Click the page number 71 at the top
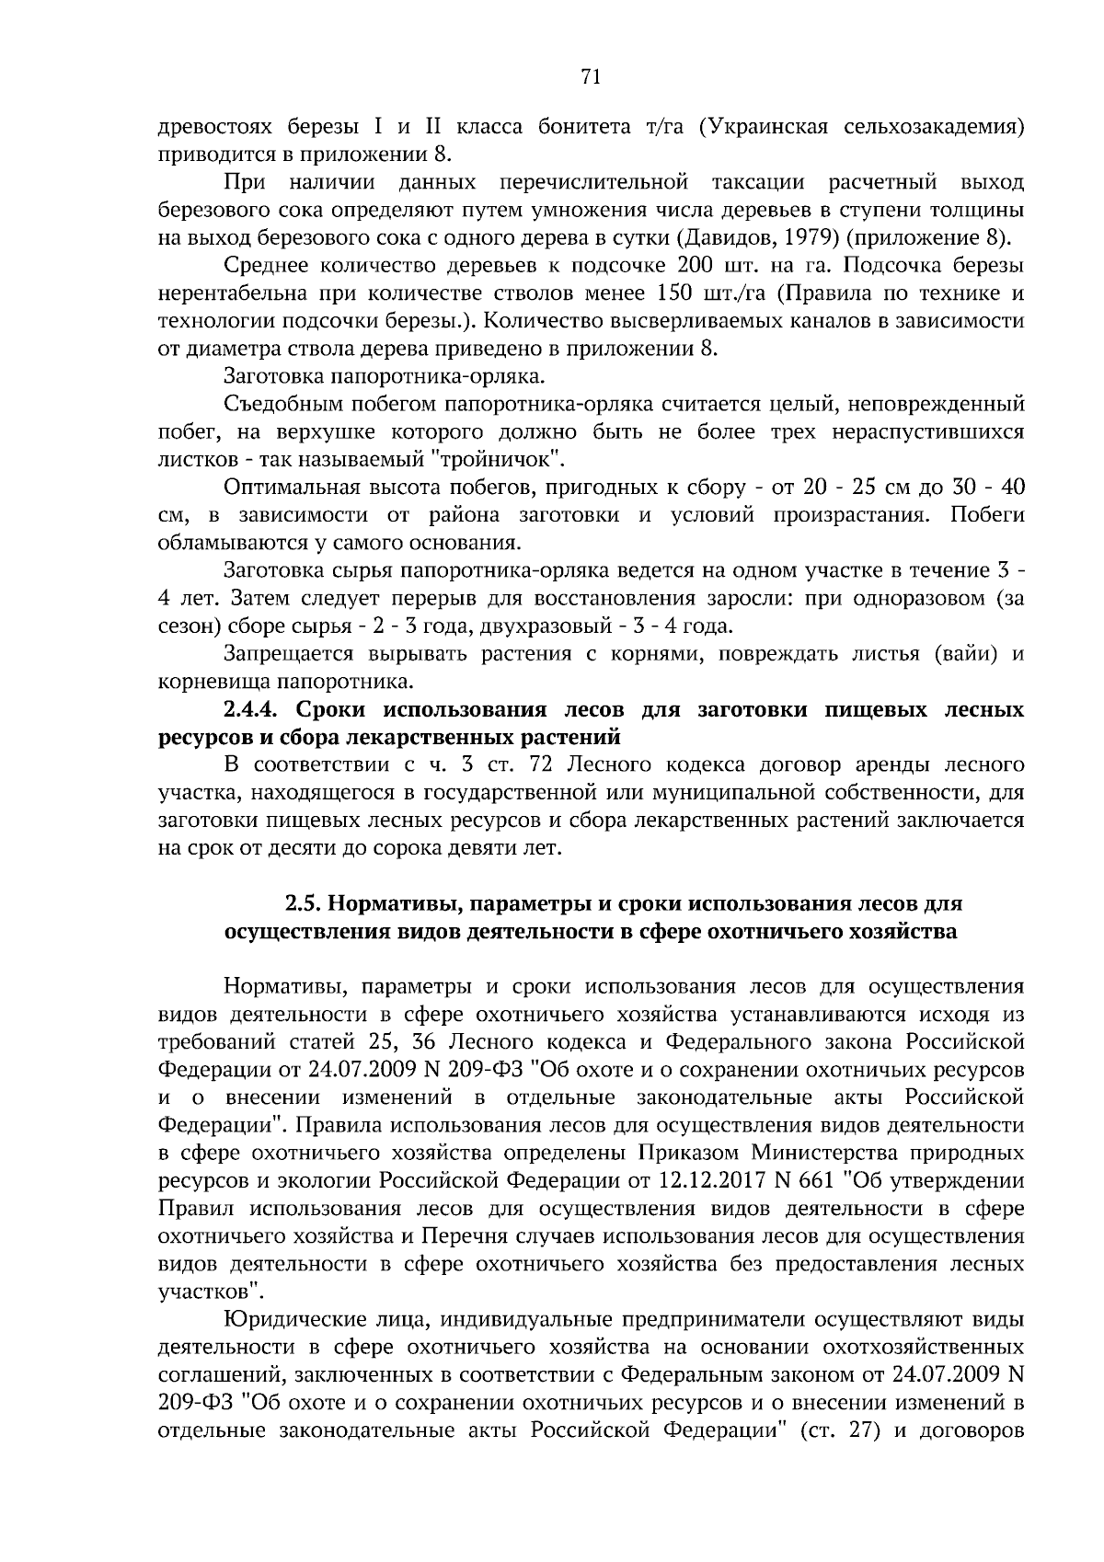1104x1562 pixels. click(592, 78)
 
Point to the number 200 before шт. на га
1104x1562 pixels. click(694, 266)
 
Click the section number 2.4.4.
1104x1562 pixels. click(259, 710)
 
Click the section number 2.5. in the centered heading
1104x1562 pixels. click(304, 904)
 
